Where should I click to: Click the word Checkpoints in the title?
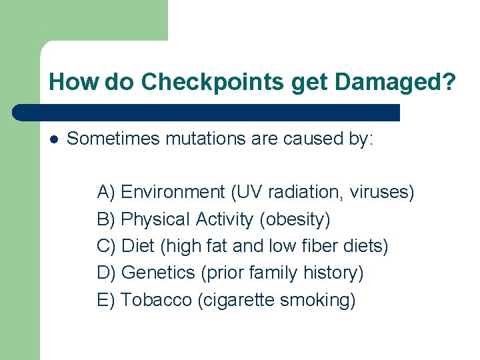pyautogui.click(x=213, y=82)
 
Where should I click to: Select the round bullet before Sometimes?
pyautogui.click(x=55, y=139)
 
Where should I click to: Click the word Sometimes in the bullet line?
pyautogui.click(x=113, y=139)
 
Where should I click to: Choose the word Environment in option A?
pyautogui.click(x=173, y=193)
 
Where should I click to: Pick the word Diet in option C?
pyautogui.click(x=139, y=246)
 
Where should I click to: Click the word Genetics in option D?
pyautogui.click(x=159, y=273)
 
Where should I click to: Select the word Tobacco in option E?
pyautogui.click(x=157, y=300)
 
